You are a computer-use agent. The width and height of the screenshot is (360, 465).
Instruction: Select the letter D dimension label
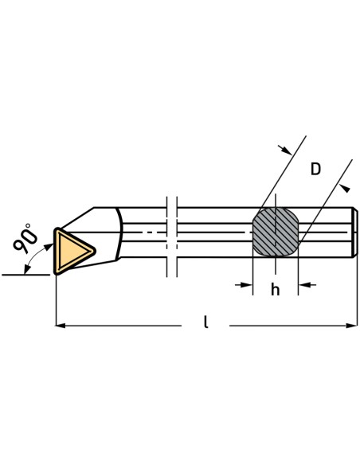click(x=315, y=169)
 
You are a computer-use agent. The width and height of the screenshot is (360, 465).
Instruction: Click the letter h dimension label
click(x=276, y=290)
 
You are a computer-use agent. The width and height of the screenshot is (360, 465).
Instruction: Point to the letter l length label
click(x=205, y=322)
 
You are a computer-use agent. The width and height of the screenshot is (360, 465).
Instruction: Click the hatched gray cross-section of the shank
click(x=276, y=232)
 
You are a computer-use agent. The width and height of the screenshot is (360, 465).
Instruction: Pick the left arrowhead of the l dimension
click(x=61, y=326)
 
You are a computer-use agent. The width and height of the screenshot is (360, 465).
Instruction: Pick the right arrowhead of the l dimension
click(x=352, y=326)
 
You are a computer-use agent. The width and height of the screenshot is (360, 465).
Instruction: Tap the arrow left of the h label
click(x=244, y=285)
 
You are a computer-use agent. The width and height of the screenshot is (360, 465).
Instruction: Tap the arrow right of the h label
click(x=307, y=285)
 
